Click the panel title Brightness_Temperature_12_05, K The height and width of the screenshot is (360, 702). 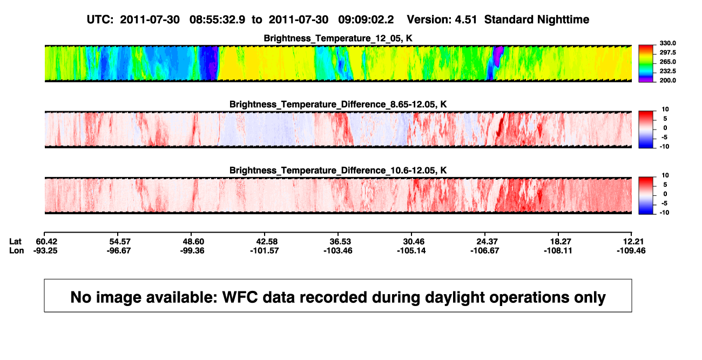(338, 38)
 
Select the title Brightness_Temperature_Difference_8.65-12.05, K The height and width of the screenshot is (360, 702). (338, 104)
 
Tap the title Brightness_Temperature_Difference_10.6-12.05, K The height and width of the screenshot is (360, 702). (338, 171)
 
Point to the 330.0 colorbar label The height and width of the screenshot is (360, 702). (667, 43)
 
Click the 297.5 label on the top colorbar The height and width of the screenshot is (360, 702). (667, 53)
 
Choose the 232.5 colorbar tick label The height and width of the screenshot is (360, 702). (667, 71)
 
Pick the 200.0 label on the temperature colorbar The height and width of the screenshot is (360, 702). (667, 80)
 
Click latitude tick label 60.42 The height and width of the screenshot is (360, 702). (46, 242)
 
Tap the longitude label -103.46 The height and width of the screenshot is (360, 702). (338, 250)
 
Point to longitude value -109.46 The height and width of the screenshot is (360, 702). (631, 250)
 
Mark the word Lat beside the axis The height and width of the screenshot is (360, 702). (15, 242)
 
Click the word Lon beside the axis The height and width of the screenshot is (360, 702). (17, 250)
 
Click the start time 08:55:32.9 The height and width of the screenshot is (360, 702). (217, 20)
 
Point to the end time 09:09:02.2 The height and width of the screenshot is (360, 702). (366, 20)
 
